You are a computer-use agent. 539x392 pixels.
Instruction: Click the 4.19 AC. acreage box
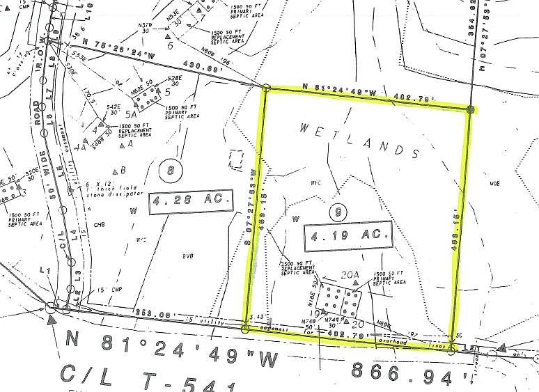pos(346,235)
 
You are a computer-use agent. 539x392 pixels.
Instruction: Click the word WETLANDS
pos(359,139)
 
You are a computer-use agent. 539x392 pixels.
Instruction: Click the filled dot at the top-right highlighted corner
pos(471,109)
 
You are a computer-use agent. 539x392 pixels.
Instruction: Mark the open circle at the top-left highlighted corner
pos(267,88)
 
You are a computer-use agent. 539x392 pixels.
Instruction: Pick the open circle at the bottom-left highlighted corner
pos(245,328)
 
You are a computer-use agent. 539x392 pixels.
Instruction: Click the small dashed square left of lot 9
pos(236,158)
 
